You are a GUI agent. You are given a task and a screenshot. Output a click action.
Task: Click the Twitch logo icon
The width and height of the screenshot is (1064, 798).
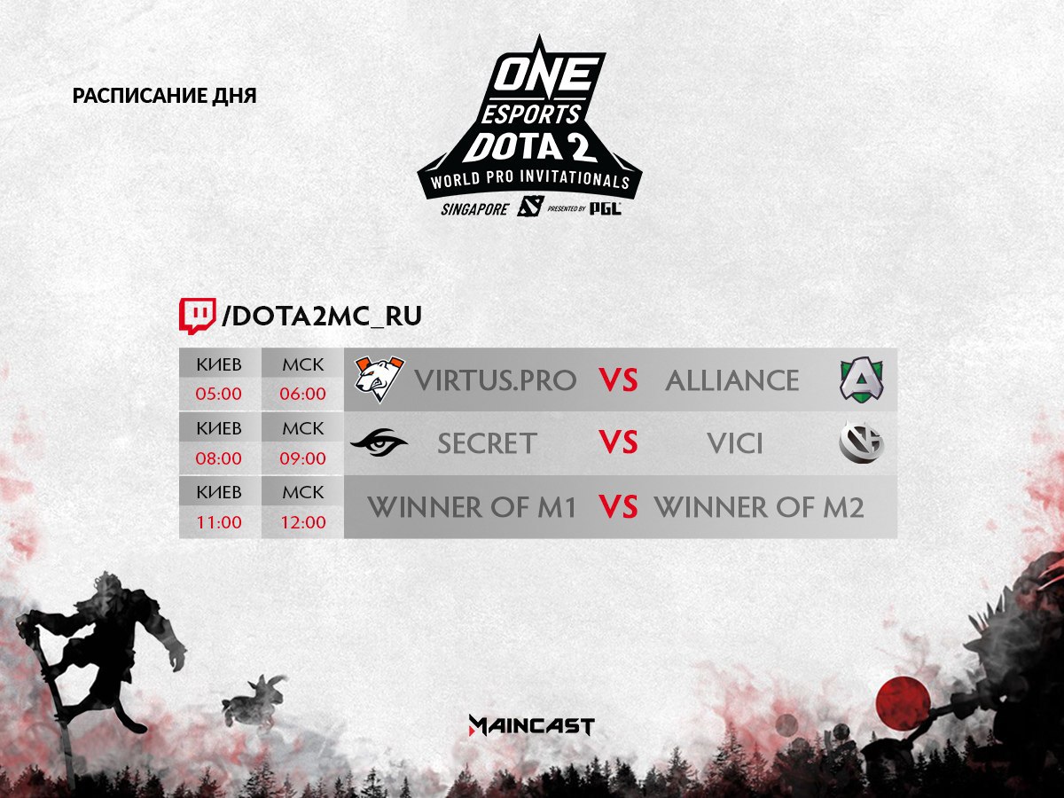tap(198, 317)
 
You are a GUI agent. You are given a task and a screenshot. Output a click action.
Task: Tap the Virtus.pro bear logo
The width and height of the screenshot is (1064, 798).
tap(379, 379)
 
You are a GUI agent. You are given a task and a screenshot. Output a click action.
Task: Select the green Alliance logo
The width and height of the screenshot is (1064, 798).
tap(861, 379)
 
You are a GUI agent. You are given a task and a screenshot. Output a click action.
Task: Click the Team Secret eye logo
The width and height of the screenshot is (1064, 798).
tap(379, 442)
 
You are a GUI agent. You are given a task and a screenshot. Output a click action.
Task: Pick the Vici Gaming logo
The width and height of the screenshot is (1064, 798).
tap(861, 442)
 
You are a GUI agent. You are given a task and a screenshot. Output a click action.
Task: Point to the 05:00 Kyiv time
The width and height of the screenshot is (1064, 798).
tap(219, 394)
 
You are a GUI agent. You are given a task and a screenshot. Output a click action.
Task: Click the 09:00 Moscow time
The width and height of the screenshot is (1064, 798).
tap(303, 458)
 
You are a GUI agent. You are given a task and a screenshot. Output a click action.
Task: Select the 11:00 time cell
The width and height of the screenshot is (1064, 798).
tap(219, 522)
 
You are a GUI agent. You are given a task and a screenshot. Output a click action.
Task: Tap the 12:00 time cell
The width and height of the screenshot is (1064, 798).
tap(303, 522)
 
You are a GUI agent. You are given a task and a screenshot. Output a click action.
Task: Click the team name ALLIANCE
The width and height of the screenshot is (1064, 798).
tap(732, 380)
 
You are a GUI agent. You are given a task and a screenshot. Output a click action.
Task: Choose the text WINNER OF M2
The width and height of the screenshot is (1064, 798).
tap(759, 507)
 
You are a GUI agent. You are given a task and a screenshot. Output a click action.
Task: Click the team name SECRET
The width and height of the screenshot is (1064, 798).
tap(487, 443)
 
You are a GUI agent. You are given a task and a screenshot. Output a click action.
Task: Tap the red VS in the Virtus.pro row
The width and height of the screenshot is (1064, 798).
tap(618, 379)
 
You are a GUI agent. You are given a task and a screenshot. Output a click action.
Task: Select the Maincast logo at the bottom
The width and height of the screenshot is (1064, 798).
tap(532, 726)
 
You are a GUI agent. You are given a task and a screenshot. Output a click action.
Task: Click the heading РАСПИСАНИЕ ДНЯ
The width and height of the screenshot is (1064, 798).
tap(164, 96)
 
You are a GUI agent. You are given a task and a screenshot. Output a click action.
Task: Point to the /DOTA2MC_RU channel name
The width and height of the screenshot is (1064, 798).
tap(321, 316)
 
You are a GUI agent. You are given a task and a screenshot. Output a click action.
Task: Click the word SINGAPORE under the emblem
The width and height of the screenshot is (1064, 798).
tap(474, 209)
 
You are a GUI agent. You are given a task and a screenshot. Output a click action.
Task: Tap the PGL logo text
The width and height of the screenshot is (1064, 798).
tap(606, 208)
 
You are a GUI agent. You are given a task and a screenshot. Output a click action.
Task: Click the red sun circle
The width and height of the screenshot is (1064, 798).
tap(903, 703)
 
